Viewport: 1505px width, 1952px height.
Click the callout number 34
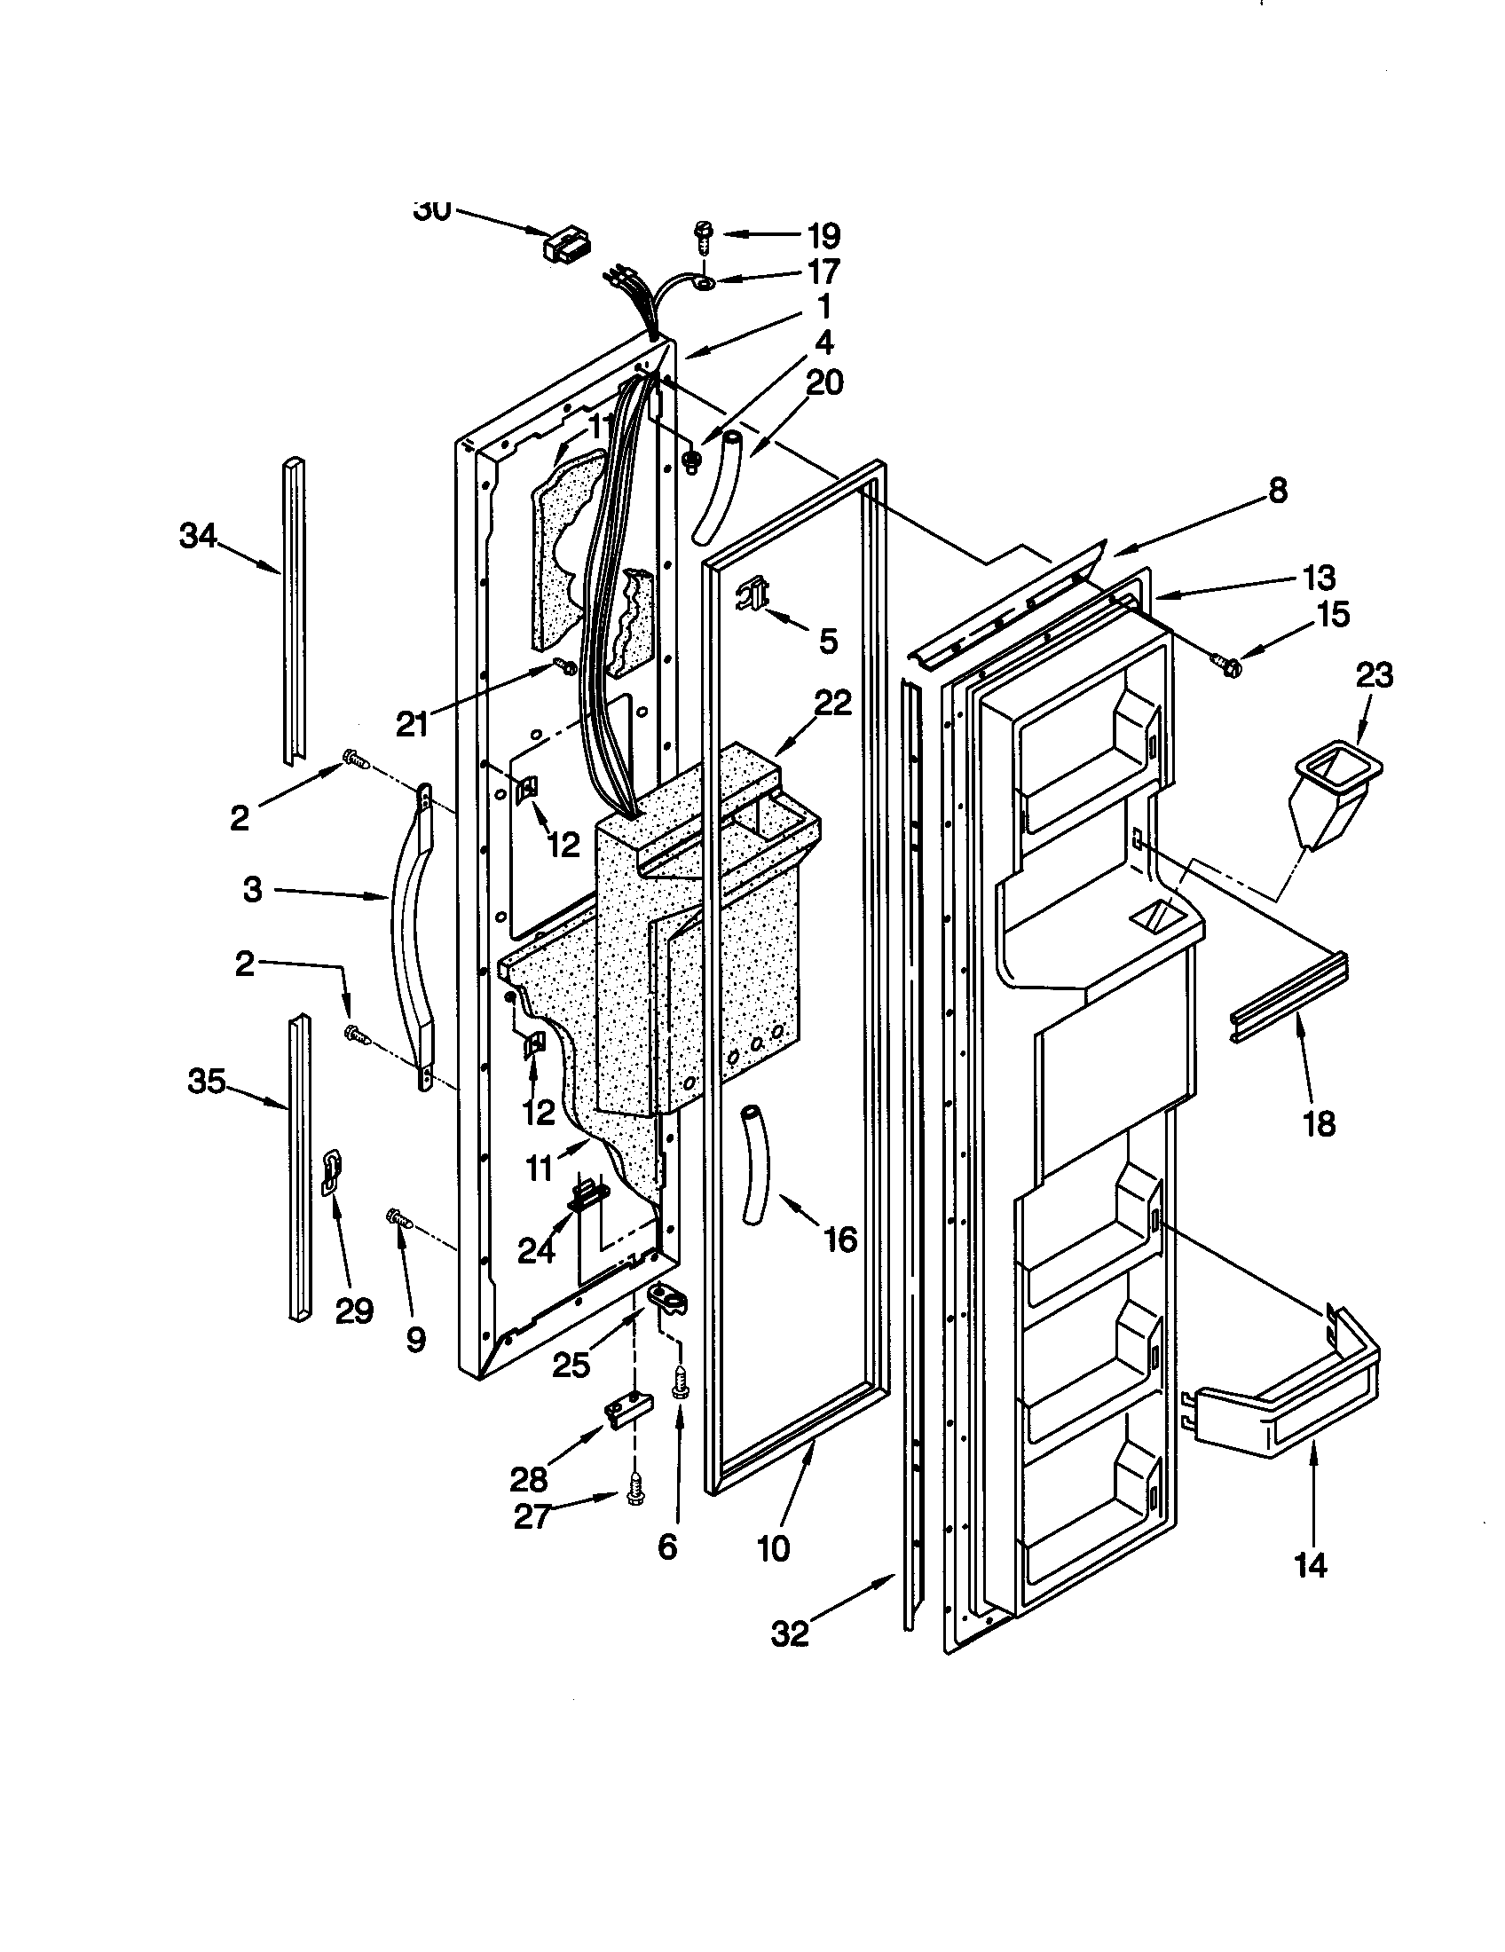click(x=198, y=536)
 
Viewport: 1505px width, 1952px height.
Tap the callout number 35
click(x=206, y=1082)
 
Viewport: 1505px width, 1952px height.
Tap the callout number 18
click(x=1320, y=1123)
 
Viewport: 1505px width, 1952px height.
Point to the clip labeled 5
click(x=753, y=593)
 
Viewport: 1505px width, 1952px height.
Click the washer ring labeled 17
click(x=705, y=283)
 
